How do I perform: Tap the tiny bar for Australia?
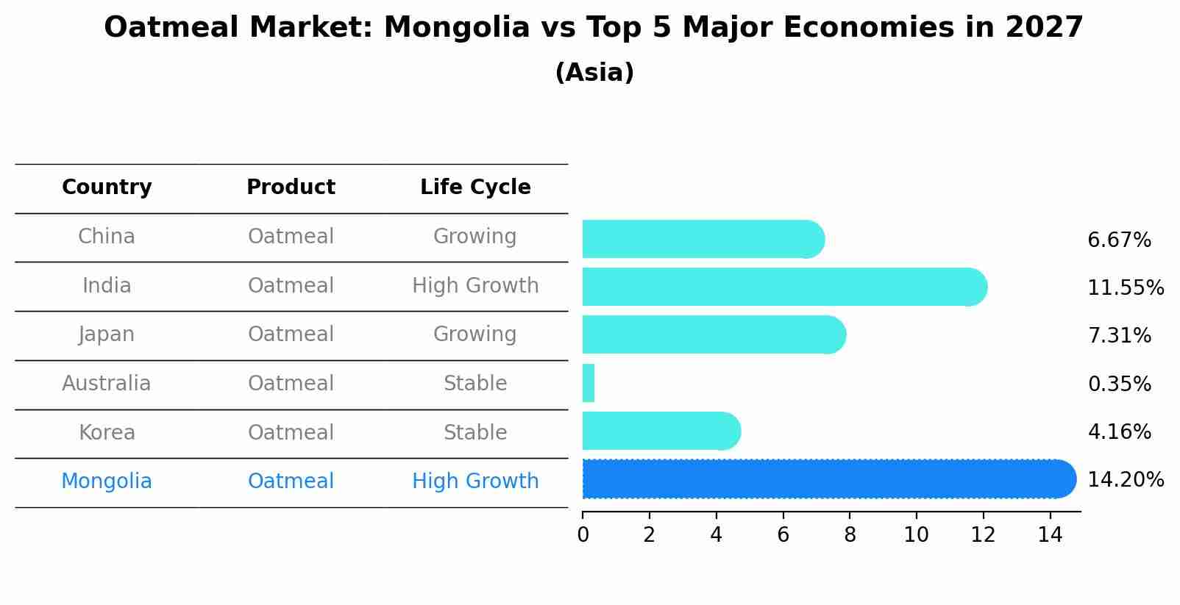[x=589, y=383]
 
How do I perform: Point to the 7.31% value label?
[x=1119, y=336]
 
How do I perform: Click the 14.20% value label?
[x=1125, y=480]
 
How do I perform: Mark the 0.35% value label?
[x=1119, y=384]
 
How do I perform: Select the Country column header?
[x=107, y=187]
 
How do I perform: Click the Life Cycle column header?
[x=475, y=187]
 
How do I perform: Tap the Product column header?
[x=291, y=187]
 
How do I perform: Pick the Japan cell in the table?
[x=107, y=334]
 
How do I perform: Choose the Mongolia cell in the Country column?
[x=107, y=482]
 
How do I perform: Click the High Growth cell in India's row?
[x=475, y=285]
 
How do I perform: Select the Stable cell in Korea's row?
[x=475, y=432]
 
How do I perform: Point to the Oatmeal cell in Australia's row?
[x=291, y=384]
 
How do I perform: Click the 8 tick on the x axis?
[x=850, y=535]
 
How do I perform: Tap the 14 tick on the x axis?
[x=1050, y=535]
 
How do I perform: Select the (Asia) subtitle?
[x=594, y=73]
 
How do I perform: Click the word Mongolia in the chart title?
[x=456, y=28]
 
